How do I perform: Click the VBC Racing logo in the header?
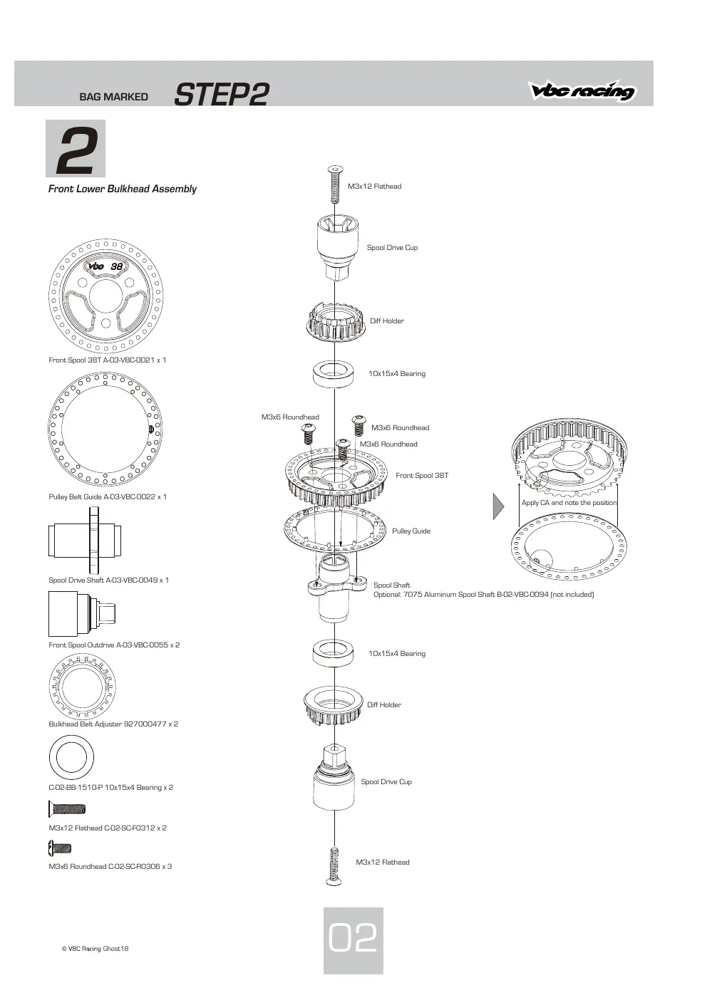click(x=582, y=90)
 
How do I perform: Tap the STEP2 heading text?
click(x=222, y=94)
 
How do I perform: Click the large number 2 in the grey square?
click(x=76, y=149)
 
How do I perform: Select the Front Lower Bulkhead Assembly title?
click(x=123, y=189)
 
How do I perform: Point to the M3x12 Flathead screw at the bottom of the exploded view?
click(x=334, y=866)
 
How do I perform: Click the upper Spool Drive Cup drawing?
click(x=338, y=247)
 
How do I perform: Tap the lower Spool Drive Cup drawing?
click(x=334, y=777)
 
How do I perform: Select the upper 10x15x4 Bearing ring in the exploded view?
click(x=333, y=374)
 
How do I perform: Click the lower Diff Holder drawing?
click(x=333, y=705)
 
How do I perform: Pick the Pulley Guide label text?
click(x=411, y=531)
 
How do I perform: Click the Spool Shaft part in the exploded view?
click(x=334, y=588)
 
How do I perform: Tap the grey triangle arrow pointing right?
click(x=498, y=506)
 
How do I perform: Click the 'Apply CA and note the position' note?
click(x=569, y=503)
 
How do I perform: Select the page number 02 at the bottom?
click(x=353, y=938)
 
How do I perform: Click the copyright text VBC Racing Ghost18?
click(x=95, y=949)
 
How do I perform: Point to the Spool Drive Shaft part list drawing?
click(x=85, y=540)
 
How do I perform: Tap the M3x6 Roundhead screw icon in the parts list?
click(x=59, y=848)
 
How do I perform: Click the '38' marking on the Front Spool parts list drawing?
click(x=117, y=266)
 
